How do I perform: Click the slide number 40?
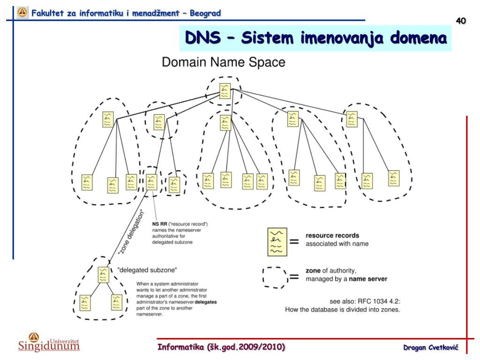click(461, 21)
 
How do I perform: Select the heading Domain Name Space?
click(223, 62)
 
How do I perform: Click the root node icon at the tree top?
click(225, 90)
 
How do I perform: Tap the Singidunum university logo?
click(49, 342)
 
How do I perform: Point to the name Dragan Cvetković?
click(430, 347)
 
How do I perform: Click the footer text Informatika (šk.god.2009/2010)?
click(221, 347)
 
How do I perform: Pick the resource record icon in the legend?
click(277, 242)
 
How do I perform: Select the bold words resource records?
click(332, 235)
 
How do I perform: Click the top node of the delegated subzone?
click(104, 275)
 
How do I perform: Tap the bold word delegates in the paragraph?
click(206, 302)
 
